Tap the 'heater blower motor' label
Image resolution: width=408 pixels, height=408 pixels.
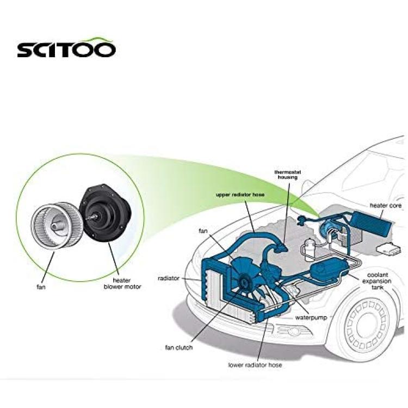(122, 283)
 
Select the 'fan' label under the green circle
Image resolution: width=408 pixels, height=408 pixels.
(41, 287)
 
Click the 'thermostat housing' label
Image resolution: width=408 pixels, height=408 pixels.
(288, 175)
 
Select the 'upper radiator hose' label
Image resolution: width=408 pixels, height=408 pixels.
(240, 195)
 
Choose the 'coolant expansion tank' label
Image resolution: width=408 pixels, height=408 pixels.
(377, 281)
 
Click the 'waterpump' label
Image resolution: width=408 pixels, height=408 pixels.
(311, 318)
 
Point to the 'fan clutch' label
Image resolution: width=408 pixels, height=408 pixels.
(179, 348)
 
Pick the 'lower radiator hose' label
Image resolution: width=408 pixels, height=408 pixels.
(255, 365)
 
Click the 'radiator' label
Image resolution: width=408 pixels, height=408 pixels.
(169, 278)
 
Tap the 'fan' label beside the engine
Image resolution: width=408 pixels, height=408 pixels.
(203, 231)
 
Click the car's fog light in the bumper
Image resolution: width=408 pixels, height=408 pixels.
(294, 331)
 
